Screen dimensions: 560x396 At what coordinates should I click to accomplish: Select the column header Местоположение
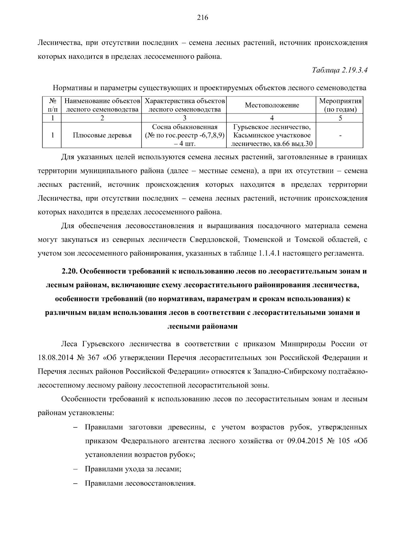(x=272, y=105)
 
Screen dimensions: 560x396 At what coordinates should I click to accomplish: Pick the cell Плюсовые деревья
(x=102, y=135)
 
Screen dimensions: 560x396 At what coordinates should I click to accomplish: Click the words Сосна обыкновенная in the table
(x=184, y=127)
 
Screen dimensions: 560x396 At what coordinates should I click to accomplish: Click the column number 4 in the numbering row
(x=272, y=118)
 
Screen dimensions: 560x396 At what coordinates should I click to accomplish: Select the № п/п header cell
(x=52, y=105)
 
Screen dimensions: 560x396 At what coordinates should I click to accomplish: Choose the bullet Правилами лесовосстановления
(x=140, y=483)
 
